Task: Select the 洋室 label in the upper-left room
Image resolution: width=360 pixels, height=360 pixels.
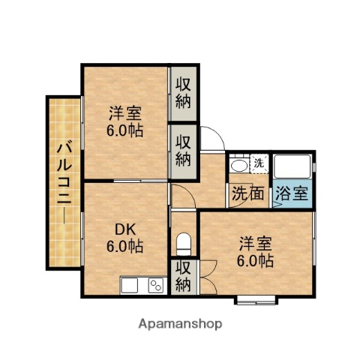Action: pyautogui.click(x=124, y=113)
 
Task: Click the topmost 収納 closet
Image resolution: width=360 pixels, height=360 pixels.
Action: pyautogui.click(x=184, y=92)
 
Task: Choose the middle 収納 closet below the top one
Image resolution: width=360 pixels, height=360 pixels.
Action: pyautogui.click(x=184, y=150)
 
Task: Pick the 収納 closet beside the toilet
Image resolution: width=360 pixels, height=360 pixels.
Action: pyautogui.click(x=183, y=276)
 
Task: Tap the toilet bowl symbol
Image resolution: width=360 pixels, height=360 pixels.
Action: pyautogui.click(x=184, y=244)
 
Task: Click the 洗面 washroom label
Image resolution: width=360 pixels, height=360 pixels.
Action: pyautogui.click(x=247, y=193)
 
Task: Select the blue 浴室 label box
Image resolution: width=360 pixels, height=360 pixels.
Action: pyautogui.click(x=290, y=193)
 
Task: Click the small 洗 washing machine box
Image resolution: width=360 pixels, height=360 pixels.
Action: pyautogui.click(x=259, y=163)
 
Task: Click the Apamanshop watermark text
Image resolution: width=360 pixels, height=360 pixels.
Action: pyautogui.click(x=180, y=324)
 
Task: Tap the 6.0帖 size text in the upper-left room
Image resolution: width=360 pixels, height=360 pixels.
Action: pyautogui.click(x=125, y=128)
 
